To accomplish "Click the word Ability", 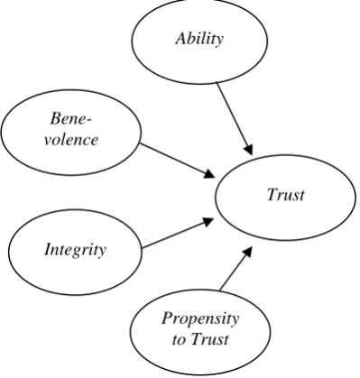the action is click(x=199, y=39).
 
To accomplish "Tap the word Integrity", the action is click(x=75, y=250).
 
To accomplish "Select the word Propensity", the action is click(x=200, y=319).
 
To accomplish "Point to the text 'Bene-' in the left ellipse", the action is click(x=71, y=118).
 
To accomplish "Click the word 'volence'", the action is click(x=71, y=140).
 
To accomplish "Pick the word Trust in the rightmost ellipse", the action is click(x=286, y=194).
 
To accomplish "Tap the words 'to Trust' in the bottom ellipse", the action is click(x=200, y=339).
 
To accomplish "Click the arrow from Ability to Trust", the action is click(x=235, y=118).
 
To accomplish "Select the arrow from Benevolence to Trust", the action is click(x=178, y=161).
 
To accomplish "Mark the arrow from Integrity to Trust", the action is click(x=178, y=234).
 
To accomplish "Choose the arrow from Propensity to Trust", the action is click(x=235, y=269).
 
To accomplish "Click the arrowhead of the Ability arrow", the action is click(x=249, y=150).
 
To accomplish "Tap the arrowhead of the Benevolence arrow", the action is click(x=209, y=174).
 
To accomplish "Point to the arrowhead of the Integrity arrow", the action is click(x=208, y=222).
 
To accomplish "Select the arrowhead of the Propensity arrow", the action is click(x=247, y=252).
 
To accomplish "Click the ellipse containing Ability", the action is click(x=199, y=84).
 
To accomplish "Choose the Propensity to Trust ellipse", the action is click(x=200, y=290).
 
